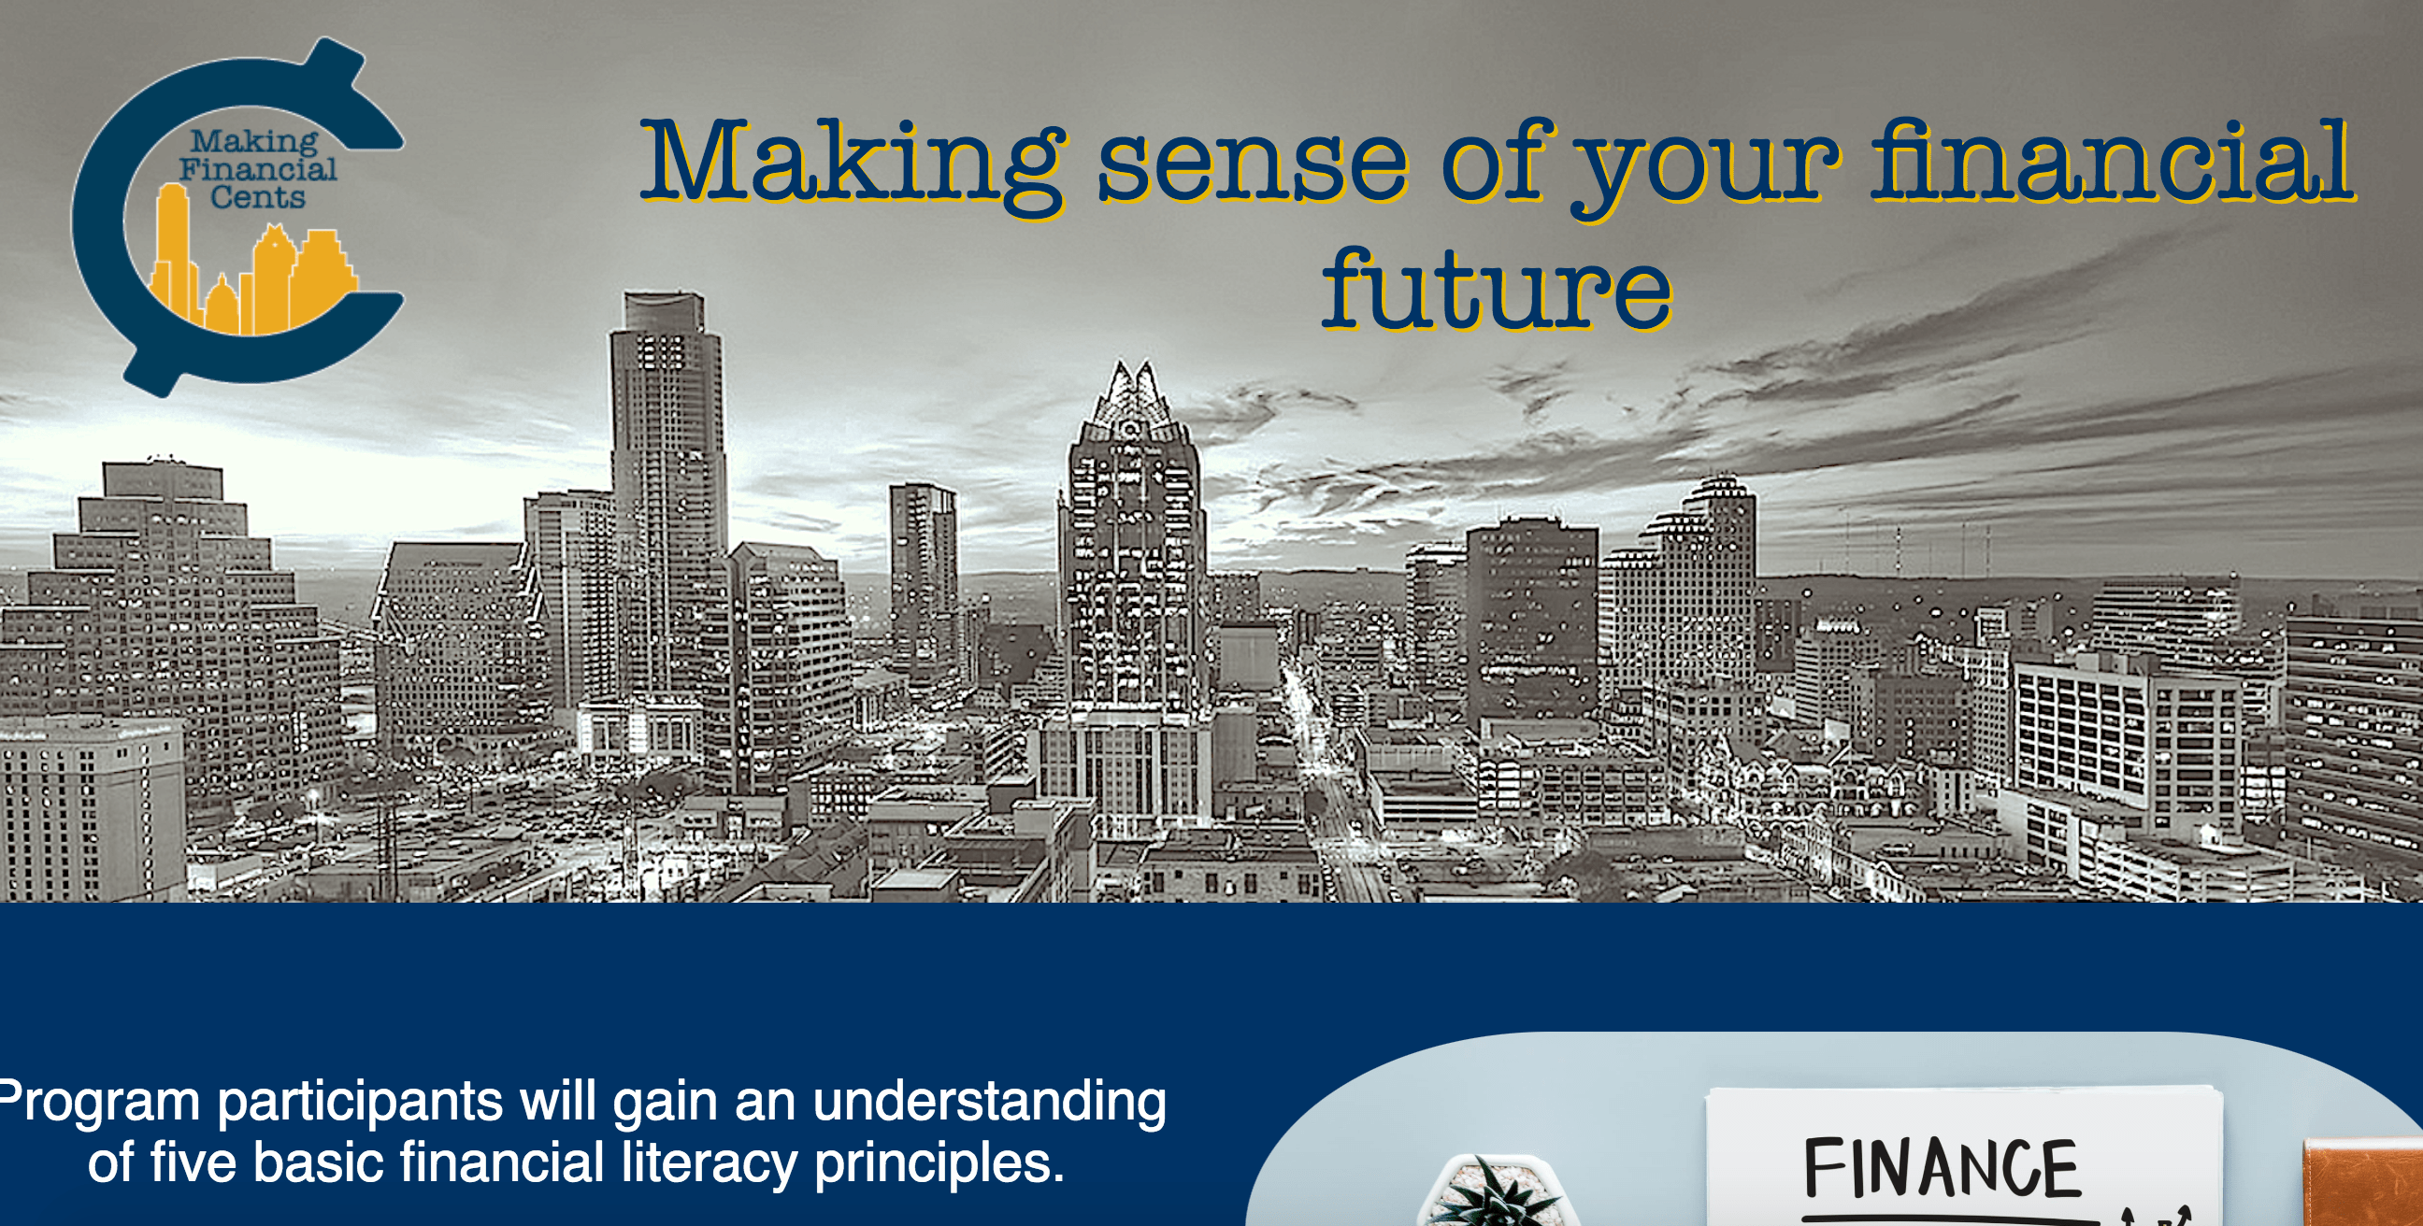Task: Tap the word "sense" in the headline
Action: (x=1253, y=167)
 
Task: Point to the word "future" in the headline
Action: (x=1497, y=287)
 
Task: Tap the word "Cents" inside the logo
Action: (x=258, y=196)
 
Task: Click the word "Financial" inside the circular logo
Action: (x=258, y=168)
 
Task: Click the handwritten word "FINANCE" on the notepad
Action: (x=1941, y=1168)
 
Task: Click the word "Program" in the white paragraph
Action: (x=100, y=1102)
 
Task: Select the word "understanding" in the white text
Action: (x=990, y=1102)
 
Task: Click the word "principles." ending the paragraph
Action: (x=939, y=1164)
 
